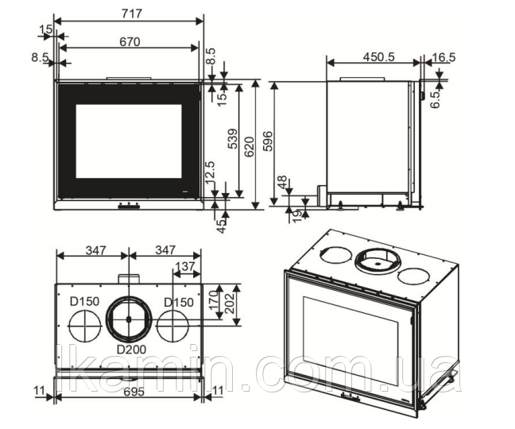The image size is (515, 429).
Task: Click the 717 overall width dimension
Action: tap(130, 14)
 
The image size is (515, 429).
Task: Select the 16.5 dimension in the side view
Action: tap(445, 56)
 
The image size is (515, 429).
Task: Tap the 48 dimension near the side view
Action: tap(281, 182)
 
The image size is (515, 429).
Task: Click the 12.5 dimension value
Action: tap(210, 172)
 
